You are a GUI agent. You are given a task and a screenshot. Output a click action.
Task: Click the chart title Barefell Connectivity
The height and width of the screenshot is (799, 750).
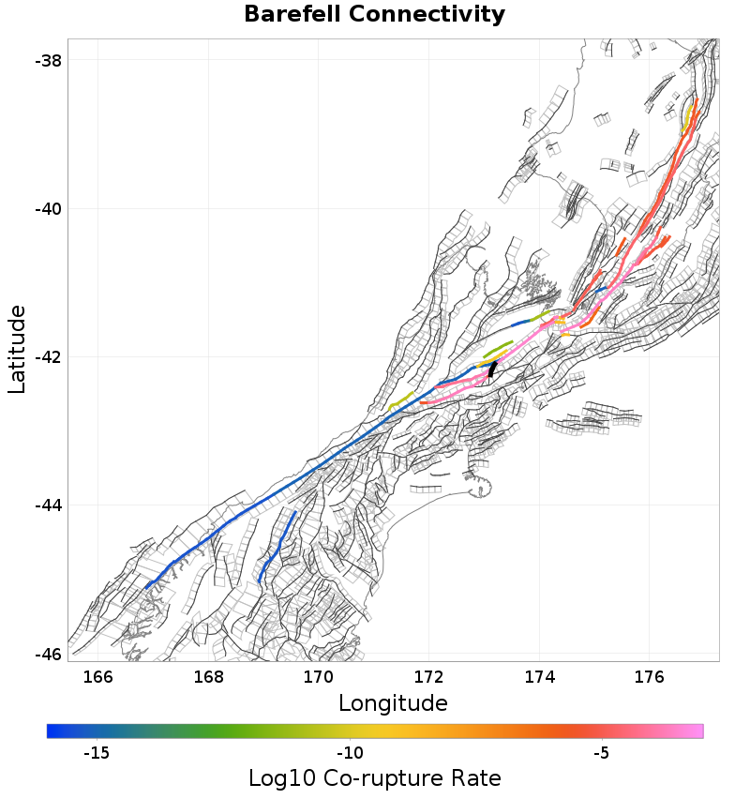(374, 15)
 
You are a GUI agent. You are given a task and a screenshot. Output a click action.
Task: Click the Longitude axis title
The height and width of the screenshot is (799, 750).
(393, 702)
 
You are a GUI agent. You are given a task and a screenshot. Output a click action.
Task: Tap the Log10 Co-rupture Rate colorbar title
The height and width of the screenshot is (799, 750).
(374, 778)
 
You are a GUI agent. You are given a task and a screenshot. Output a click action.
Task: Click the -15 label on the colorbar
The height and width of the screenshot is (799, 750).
(97, 753)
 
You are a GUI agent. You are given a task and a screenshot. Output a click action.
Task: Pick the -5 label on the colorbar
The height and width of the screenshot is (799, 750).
(602, 753)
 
